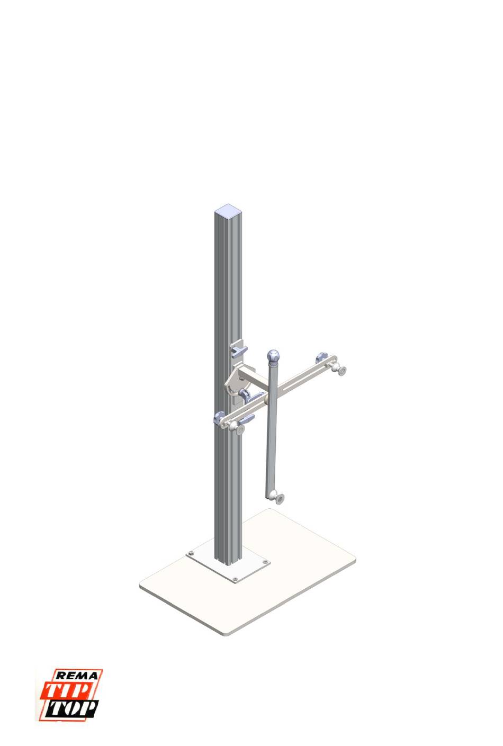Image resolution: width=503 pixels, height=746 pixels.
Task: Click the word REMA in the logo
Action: pyautogui.click(x=76, y=676)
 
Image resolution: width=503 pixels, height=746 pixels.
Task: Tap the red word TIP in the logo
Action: pyautogui.click(x=67, y=690)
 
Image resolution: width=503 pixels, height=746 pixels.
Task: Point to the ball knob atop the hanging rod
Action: pyautogui.click(x=273, y=355)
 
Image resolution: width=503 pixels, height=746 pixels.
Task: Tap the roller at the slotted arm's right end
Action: pyautogui.click(x=340, y=370)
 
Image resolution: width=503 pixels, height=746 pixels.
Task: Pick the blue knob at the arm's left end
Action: pyautogui.click(x=220, y=417)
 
